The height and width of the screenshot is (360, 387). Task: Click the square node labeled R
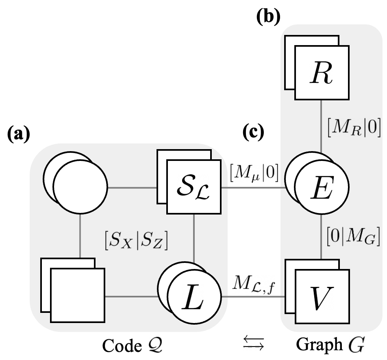[x=322, y=72]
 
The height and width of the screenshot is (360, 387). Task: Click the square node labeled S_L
[x=194, y=188]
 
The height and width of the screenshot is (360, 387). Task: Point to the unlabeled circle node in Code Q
[x=79, y=188]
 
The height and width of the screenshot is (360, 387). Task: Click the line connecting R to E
[x=322, y=126]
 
